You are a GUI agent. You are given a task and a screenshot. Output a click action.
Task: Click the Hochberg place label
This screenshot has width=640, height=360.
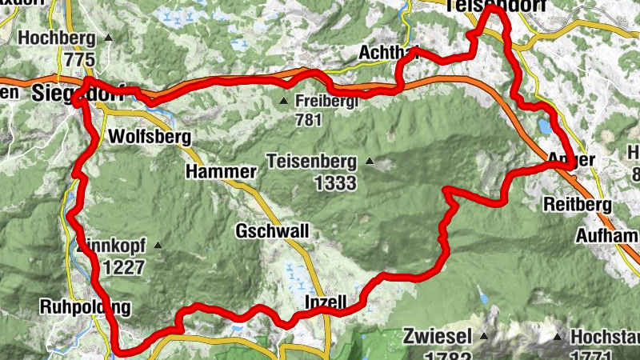tap(55, 38)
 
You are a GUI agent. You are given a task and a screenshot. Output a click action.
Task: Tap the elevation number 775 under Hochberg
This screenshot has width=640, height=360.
tap(79, 60)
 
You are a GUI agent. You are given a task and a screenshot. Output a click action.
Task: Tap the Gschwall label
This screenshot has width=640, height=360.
tap(272, 232)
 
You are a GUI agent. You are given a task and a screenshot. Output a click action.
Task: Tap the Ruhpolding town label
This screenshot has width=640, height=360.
tap(83, 307)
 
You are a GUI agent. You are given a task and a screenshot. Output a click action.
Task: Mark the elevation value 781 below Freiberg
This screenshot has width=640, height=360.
tap(307, 121)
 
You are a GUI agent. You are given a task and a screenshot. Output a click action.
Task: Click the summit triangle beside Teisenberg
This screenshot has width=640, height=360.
tap(370, 162)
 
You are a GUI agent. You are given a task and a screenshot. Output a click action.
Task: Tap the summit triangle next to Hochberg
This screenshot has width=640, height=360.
tap(109, 38)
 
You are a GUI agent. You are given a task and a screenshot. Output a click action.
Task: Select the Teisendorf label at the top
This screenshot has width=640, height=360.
tap(498, 6)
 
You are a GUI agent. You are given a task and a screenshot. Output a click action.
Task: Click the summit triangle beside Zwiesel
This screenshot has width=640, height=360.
tap(484, 334)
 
